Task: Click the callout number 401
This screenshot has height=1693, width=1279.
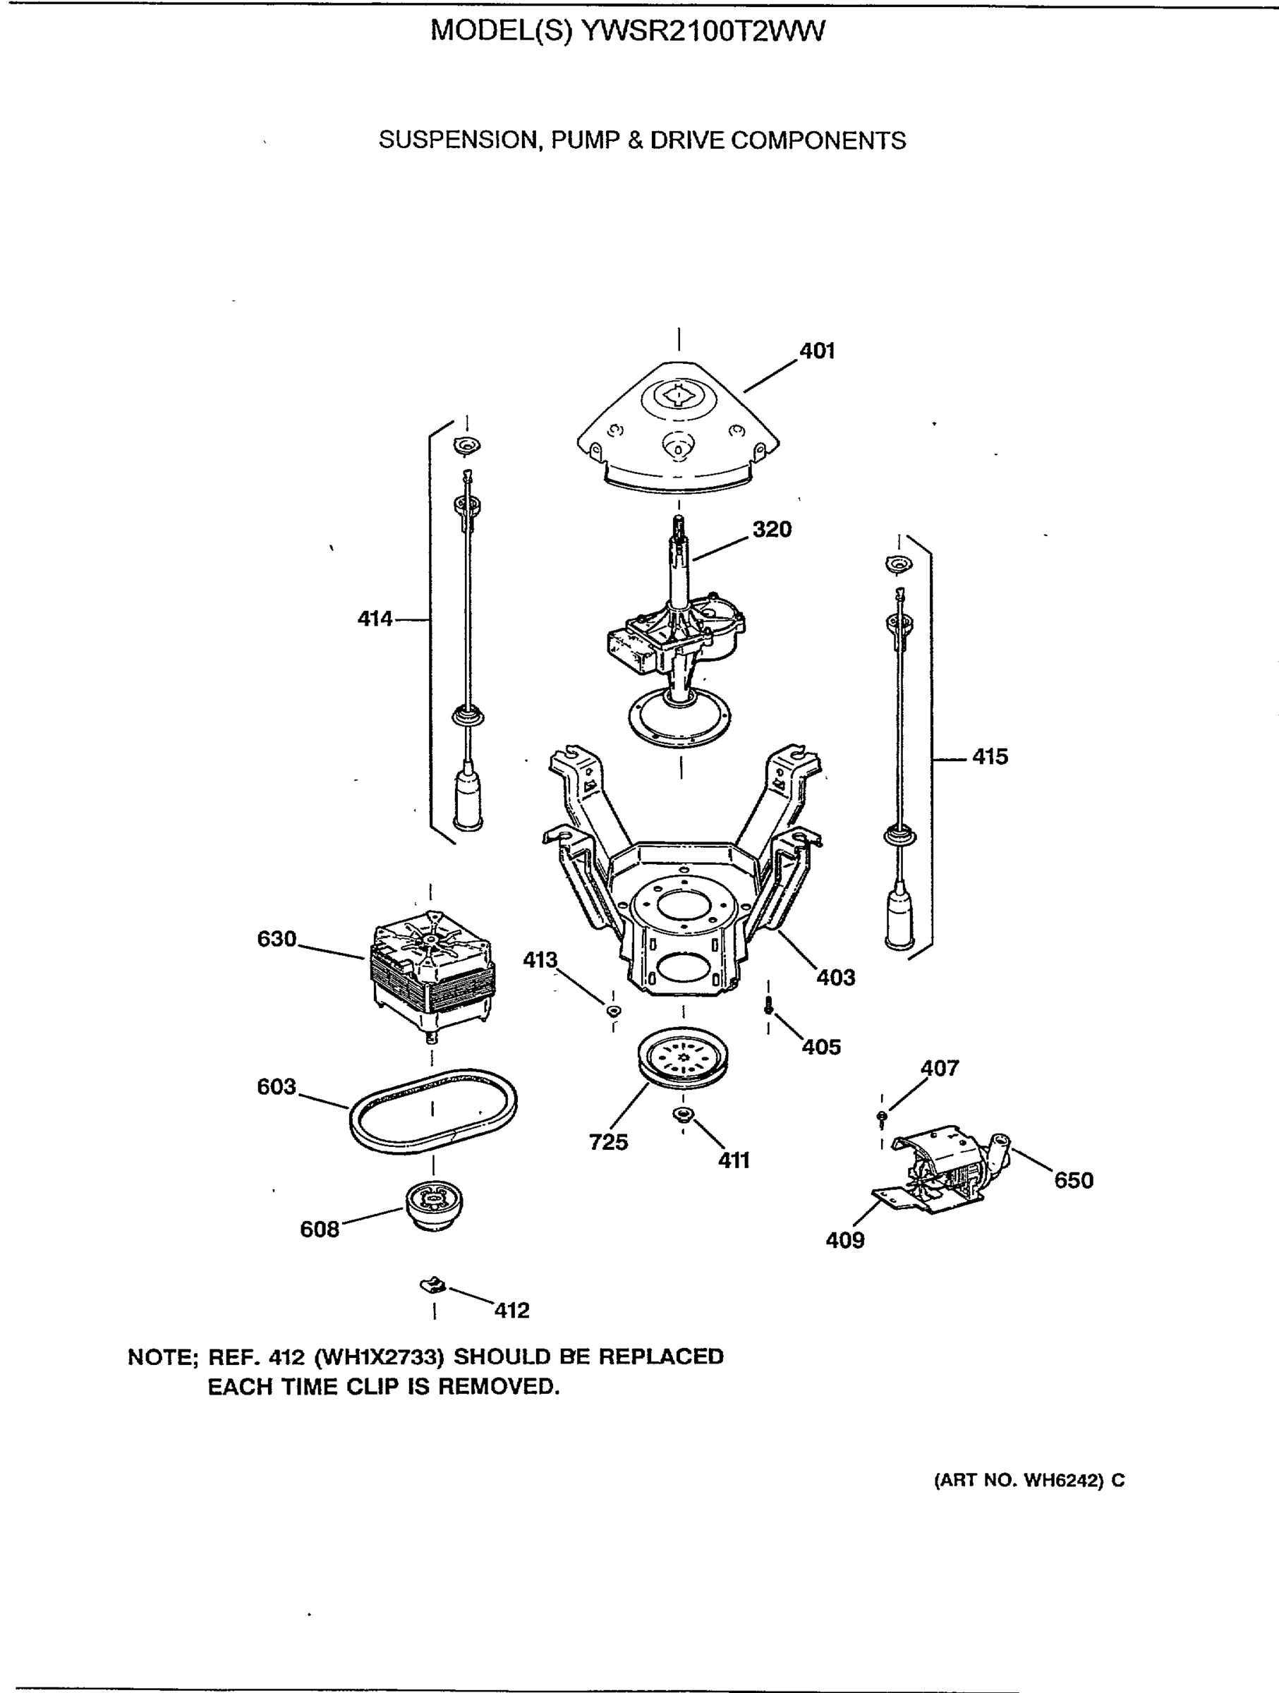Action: (x=817, y=351)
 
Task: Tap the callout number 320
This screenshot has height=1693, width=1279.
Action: (x=772, y=529)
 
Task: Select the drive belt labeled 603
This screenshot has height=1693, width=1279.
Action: (x=433, y=1109)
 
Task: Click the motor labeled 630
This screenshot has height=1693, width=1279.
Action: (x=432, y=969)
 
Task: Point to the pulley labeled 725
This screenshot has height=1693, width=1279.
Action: (x=683, y=1060)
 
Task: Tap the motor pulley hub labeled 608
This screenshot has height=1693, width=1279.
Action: (x=433, y=1206)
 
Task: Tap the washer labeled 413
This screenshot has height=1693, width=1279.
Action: (x=614, y=1011)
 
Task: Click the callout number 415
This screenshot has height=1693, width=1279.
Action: (x=990, y=757)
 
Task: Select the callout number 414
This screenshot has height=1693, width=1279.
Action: (x=375, y=619)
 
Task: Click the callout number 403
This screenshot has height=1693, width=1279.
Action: (x=835, y=978)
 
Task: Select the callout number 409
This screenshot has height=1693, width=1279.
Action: (x=845, y=1240)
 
